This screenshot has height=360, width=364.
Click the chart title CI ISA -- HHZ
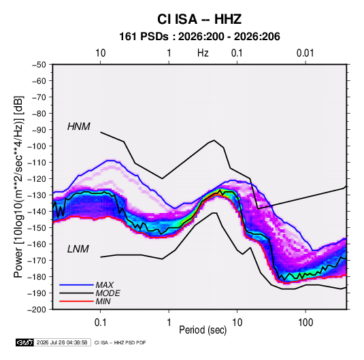point(199,19)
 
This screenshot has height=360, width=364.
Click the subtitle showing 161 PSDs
point(199,37)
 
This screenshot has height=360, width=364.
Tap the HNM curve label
point(79,127)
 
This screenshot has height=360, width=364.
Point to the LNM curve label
point(78,249)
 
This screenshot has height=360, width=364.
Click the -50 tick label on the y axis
point(39,65)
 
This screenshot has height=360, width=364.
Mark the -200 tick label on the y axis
point(37,310)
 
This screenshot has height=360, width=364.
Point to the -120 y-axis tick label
point(37,179)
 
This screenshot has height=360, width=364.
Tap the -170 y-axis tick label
point(37,261)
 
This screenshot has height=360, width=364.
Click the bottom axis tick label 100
point(305,323)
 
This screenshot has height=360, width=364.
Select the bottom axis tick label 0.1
point(100,323)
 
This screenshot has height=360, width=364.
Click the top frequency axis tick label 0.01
point(305,53)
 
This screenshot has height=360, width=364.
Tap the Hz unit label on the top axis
point(203,53)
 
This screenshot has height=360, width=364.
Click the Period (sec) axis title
point(203,330)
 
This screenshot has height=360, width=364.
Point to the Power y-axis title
point(18,187)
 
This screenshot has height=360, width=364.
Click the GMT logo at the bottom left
point(25,342)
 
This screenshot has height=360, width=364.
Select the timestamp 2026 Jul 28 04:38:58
point(62,342)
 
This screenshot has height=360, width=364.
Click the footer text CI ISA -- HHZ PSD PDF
point(120,342)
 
